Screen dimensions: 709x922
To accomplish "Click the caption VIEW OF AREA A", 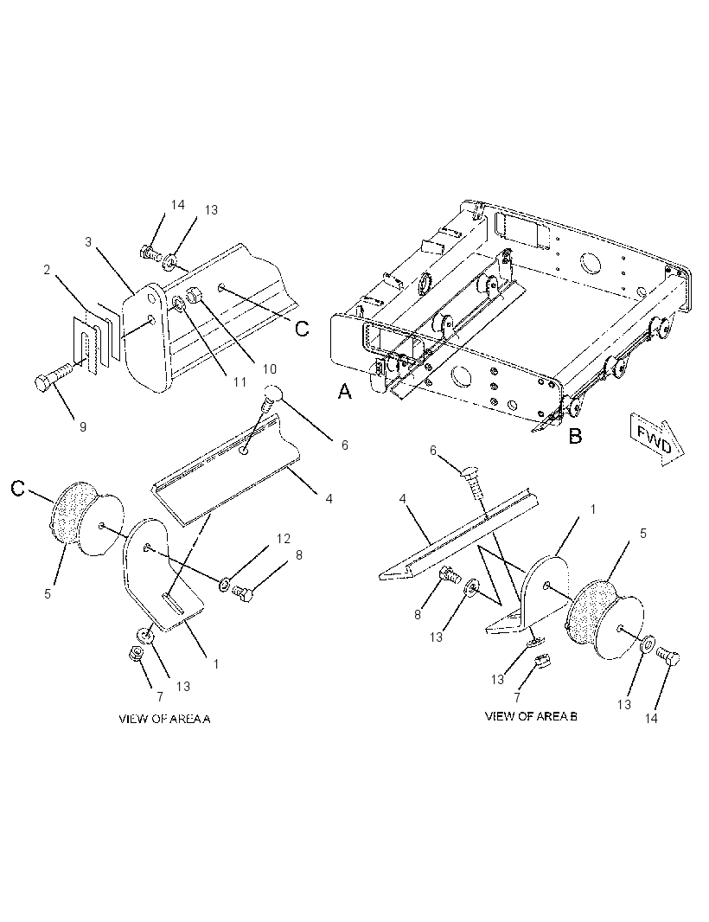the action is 164,719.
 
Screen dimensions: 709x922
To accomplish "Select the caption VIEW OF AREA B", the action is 531,716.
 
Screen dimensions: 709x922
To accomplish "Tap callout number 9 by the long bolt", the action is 83,427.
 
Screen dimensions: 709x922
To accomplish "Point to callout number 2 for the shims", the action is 47,270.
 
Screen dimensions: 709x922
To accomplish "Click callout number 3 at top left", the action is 88,241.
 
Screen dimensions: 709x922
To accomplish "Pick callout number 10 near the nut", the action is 269,369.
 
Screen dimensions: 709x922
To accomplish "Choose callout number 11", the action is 240,381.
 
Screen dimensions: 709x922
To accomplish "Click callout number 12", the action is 284,539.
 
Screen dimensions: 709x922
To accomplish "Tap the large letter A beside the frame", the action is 344,391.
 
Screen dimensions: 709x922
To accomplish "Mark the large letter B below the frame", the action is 575,436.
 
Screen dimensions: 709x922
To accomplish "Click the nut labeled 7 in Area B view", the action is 543,662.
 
